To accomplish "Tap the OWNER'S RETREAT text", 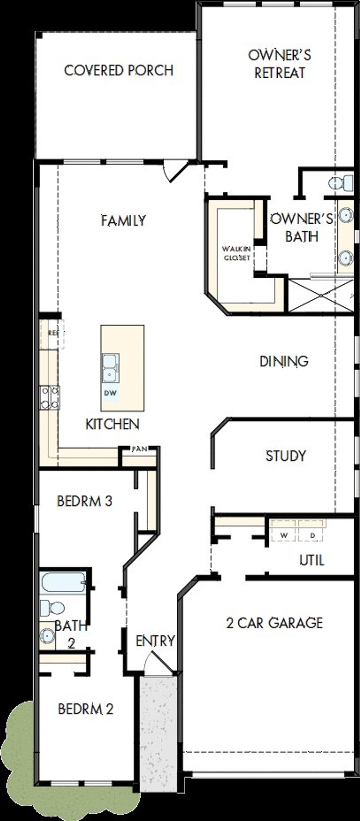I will point(279,64).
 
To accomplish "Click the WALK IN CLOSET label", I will point(236,253).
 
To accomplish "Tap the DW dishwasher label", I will point(110,393).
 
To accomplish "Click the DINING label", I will point(283,361).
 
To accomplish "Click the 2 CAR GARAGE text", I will point(274,623).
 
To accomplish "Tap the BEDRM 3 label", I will point(84,501).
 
